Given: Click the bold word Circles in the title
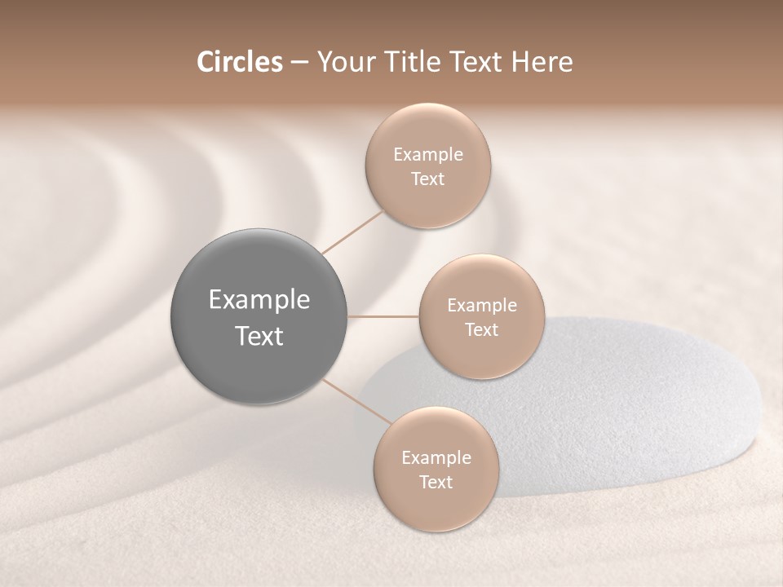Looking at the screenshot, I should click(240, 62).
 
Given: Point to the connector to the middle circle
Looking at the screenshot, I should click(383, 316).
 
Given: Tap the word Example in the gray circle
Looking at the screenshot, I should click(259, 300).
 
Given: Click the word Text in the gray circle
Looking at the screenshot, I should click(259, 336).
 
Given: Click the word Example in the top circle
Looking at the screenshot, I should click(428, 155).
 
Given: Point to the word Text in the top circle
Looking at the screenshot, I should click(428, 179).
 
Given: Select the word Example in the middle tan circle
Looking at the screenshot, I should click(482, 306).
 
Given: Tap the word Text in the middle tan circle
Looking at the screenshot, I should click(482, 330).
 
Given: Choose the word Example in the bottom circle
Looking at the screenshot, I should click(436, 457).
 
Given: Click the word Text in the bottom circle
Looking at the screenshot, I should click(436, 482).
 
